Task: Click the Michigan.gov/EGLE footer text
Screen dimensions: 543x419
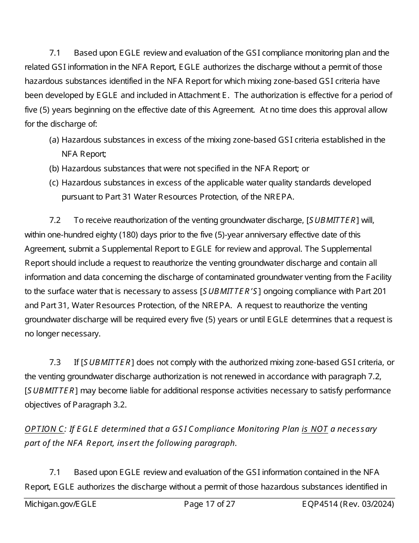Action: (60, 504)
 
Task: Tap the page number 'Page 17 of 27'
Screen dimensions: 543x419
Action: (209, 504)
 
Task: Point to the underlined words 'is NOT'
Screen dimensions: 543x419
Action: (314, 429)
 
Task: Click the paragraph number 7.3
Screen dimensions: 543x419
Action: (55, 362)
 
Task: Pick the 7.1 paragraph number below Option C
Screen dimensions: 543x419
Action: (55, 472)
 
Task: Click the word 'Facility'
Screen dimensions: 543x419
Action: (378, 277)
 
